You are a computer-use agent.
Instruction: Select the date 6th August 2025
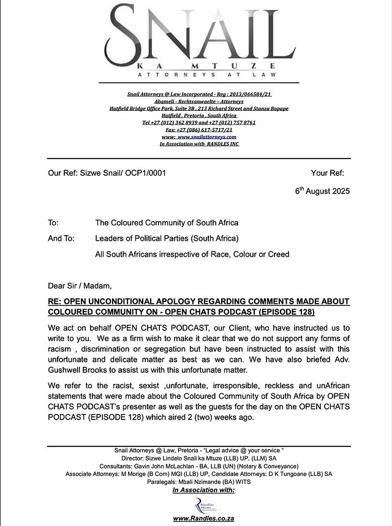pyautogui.click(x=322, y=191)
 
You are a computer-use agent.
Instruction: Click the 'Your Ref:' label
pyautogui.click(x=328, y=173)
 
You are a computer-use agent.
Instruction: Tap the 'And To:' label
pyautogui.click(x=61, y=238)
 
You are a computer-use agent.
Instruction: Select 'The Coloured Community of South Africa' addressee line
pyautogui.click(x=167, y=222)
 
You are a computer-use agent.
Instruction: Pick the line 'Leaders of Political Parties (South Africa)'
pyautogui.click(x=167, y=238)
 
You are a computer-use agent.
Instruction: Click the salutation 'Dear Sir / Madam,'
pyautogui.click(x=80, y=285)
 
